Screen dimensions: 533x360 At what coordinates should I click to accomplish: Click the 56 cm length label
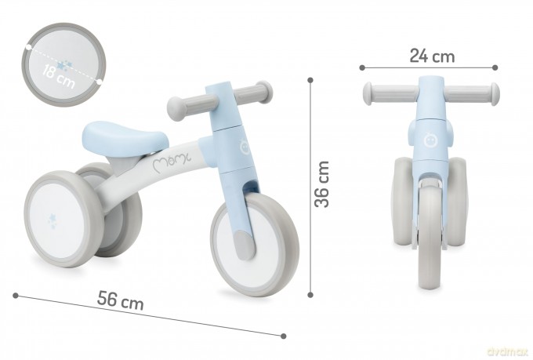pyautogui.click(x=121, y=300)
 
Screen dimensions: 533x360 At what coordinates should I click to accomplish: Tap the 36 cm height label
pyautogui.click(x=322, y=184)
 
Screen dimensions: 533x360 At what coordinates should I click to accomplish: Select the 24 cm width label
pyautogui.click(x=432, y=56)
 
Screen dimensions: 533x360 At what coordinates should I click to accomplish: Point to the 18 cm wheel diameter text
pyautogui.click(x=58, y=77)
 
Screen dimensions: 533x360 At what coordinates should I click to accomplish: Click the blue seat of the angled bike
pyautogui.click(x=125, y=138)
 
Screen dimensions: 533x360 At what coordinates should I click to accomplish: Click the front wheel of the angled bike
pyautogui.click(x=255, y=244)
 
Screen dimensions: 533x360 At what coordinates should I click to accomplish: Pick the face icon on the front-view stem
pyautogui.click(x=430, y=140)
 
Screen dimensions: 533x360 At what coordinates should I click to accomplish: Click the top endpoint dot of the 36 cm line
pyautogui.click(x=310, y=80)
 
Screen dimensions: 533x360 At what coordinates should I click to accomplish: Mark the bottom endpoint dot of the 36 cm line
pyautogui.click(x=310, y=295)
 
